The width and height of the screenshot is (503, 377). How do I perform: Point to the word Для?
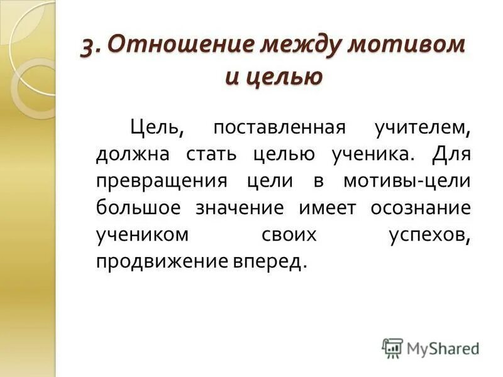(451, 155)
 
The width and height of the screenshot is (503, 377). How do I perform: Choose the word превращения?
(161, 182)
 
